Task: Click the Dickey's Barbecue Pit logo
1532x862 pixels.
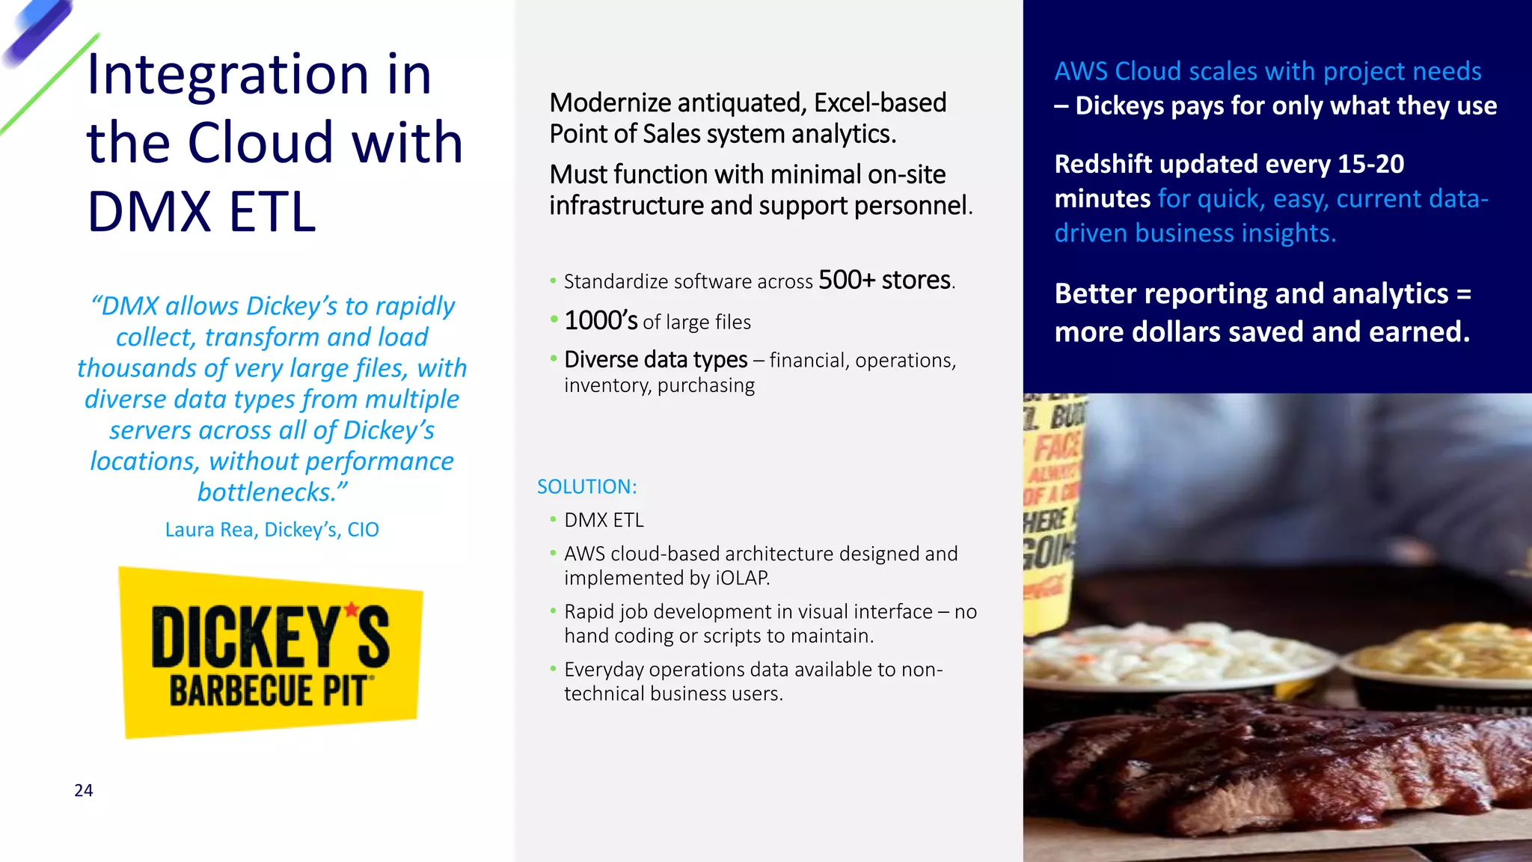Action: click(271, 652)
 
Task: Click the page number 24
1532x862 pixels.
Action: click(84, 791)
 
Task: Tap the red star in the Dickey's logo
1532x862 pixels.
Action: click(352, 610)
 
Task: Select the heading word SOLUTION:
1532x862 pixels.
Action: click(587, 487)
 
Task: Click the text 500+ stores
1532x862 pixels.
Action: click(886, 281)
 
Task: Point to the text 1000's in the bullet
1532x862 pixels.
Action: click(601, 321)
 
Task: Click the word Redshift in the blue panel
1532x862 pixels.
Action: click(1103, 164)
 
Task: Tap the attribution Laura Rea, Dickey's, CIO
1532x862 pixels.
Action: click(272, 530)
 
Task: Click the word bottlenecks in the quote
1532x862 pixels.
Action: click(264, 492)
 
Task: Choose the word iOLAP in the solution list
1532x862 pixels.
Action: click(741, 578)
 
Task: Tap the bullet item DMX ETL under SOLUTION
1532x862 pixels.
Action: click(604, 520)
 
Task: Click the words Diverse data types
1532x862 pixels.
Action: click(655, 360)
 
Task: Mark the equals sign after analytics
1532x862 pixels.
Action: click(1463, 294)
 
